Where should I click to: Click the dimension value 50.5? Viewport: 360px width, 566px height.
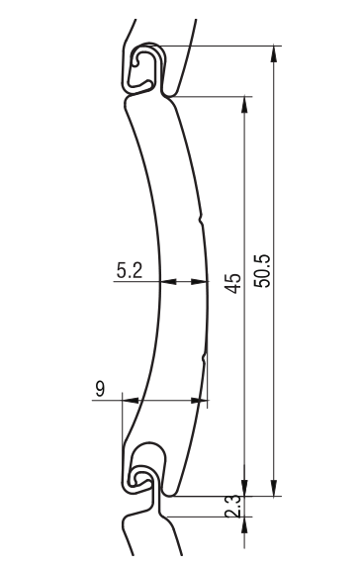262,271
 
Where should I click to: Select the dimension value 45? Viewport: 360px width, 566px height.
232,283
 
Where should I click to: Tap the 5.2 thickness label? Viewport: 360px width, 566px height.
130,270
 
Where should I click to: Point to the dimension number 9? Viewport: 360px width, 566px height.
100,389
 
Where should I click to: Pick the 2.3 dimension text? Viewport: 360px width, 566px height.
232,507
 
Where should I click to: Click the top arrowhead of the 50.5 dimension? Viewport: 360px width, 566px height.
274,53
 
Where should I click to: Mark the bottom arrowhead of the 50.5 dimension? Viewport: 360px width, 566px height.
274,488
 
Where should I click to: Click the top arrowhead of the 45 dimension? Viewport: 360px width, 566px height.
244,104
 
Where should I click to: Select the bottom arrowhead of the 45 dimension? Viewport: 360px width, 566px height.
244,488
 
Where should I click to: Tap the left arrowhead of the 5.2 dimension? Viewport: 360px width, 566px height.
168,281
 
